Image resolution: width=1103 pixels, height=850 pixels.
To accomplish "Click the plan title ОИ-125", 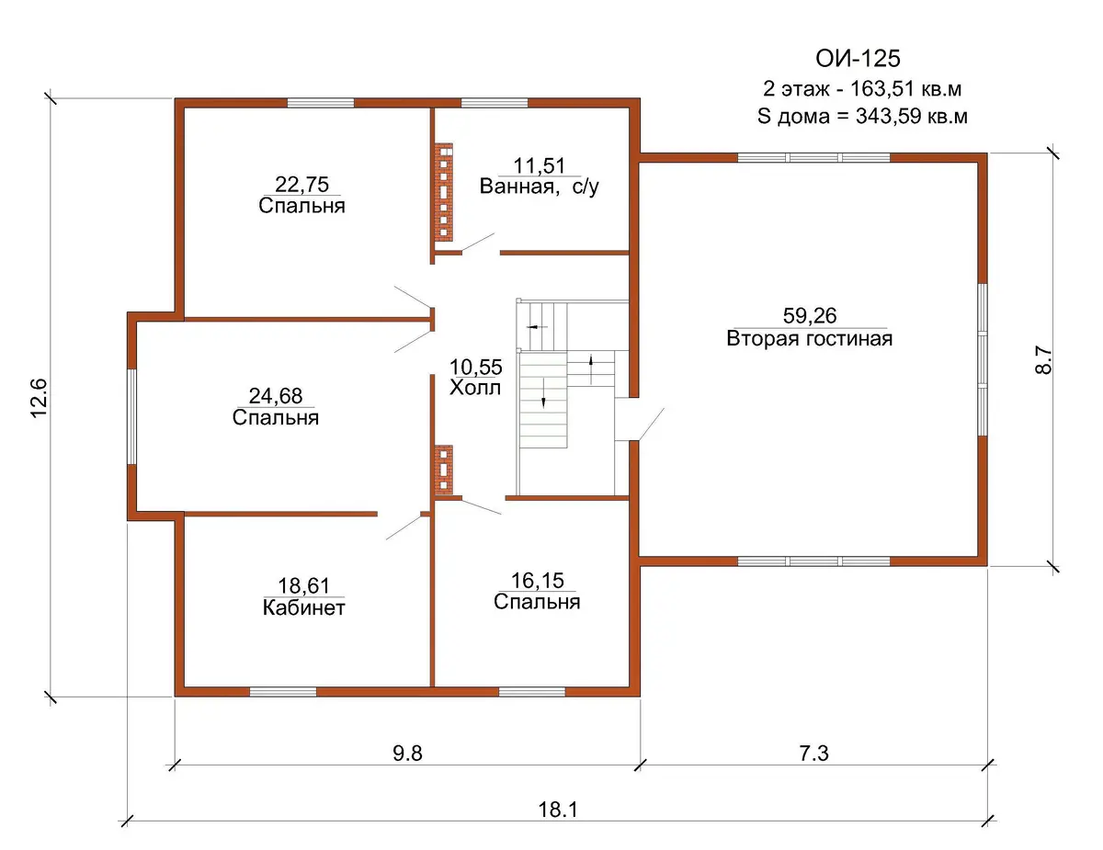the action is tap(858, 59).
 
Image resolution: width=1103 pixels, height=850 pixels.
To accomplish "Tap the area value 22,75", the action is tap(302, 184).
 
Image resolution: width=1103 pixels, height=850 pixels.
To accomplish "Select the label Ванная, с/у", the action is tap(539, 187).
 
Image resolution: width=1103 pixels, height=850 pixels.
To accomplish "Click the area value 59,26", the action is tap(810, 315).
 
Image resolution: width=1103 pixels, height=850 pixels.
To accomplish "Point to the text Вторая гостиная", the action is tap(810, 338).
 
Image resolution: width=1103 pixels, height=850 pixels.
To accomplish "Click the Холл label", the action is tap(475, 388).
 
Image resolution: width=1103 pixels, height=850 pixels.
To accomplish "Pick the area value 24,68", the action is tap(276, 396).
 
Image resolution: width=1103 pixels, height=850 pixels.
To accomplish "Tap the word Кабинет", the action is tap(304, 608).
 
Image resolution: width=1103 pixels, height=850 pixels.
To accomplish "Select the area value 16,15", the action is tap(537, 581).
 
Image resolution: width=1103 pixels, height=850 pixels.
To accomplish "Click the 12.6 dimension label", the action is tap(40, 398).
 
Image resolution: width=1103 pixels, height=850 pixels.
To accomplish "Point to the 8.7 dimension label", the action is tap(1043, 360).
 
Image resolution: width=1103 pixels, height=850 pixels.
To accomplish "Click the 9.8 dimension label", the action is tap(407, 754).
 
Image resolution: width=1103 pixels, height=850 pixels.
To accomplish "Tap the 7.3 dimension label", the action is tap(814, 754).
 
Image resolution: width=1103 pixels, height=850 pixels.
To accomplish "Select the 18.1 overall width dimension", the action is tap(558, 810).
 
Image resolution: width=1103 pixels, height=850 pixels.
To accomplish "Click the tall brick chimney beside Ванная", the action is tap(444, 192).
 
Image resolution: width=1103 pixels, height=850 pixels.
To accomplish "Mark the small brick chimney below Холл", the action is tap(444, 470).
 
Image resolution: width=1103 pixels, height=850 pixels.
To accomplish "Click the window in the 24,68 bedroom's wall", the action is tap(131, 416).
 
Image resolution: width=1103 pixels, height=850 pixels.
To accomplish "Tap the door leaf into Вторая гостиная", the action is tap(652, 424).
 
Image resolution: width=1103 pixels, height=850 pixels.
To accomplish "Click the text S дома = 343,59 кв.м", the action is tap(862, 116).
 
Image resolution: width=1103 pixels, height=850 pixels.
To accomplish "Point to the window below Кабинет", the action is tap(283, 692).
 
